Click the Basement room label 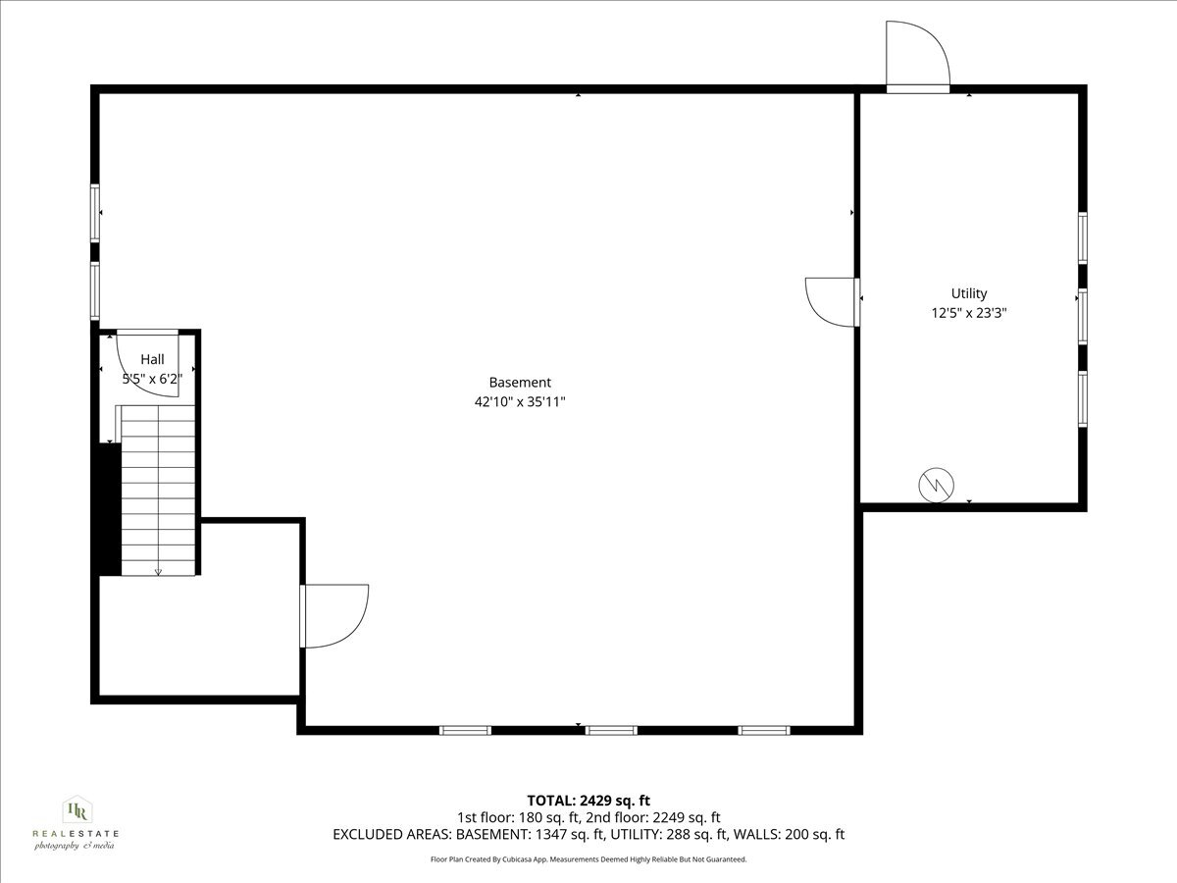[x=520, y=383]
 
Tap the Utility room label [x=969, y=293]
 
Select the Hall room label [x=152, y=359]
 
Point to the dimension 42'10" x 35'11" [x=520, y=401]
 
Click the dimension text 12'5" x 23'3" [x=969, y=314]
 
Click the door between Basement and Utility [x=832, y=301]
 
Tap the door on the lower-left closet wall [x=333, y=616]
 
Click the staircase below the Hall [x=157, y=491]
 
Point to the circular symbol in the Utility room [x=935, y=486]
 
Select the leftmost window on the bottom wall [x=465, y=730]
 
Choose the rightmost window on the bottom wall [x=764, y=730]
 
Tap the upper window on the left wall [x=96, y=213]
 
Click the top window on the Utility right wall [x=1083, y=237]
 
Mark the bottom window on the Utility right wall [x=1083, y=398]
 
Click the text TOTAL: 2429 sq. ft [x=588, y=801]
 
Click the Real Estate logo [x=76, y=823]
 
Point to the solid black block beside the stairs [x=108, y=508]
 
